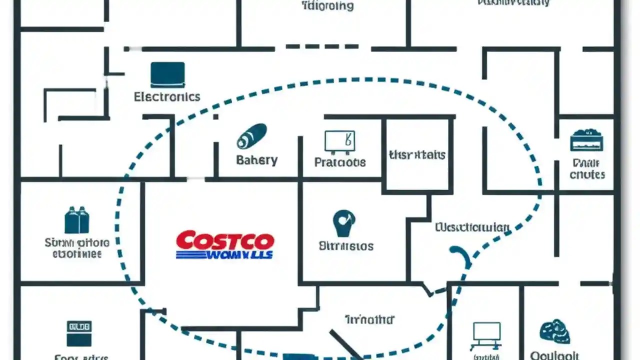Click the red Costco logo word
[225, 241]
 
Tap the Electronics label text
[167, 96]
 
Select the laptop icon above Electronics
[167, 75]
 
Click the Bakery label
[256, 160]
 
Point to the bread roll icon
[251, 136]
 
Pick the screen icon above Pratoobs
[340, 142]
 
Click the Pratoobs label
[340, 162]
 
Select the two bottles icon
[76, 220]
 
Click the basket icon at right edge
[586, 140]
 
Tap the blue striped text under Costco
[225, 254]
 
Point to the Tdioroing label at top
[328, 6]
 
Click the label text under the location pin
[346, 246]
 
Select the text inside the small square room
[417, 155]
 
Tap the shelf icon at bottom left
[79, 333]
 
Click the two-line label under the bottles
[76, 248]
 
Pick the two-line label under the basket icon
[587, 169]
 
